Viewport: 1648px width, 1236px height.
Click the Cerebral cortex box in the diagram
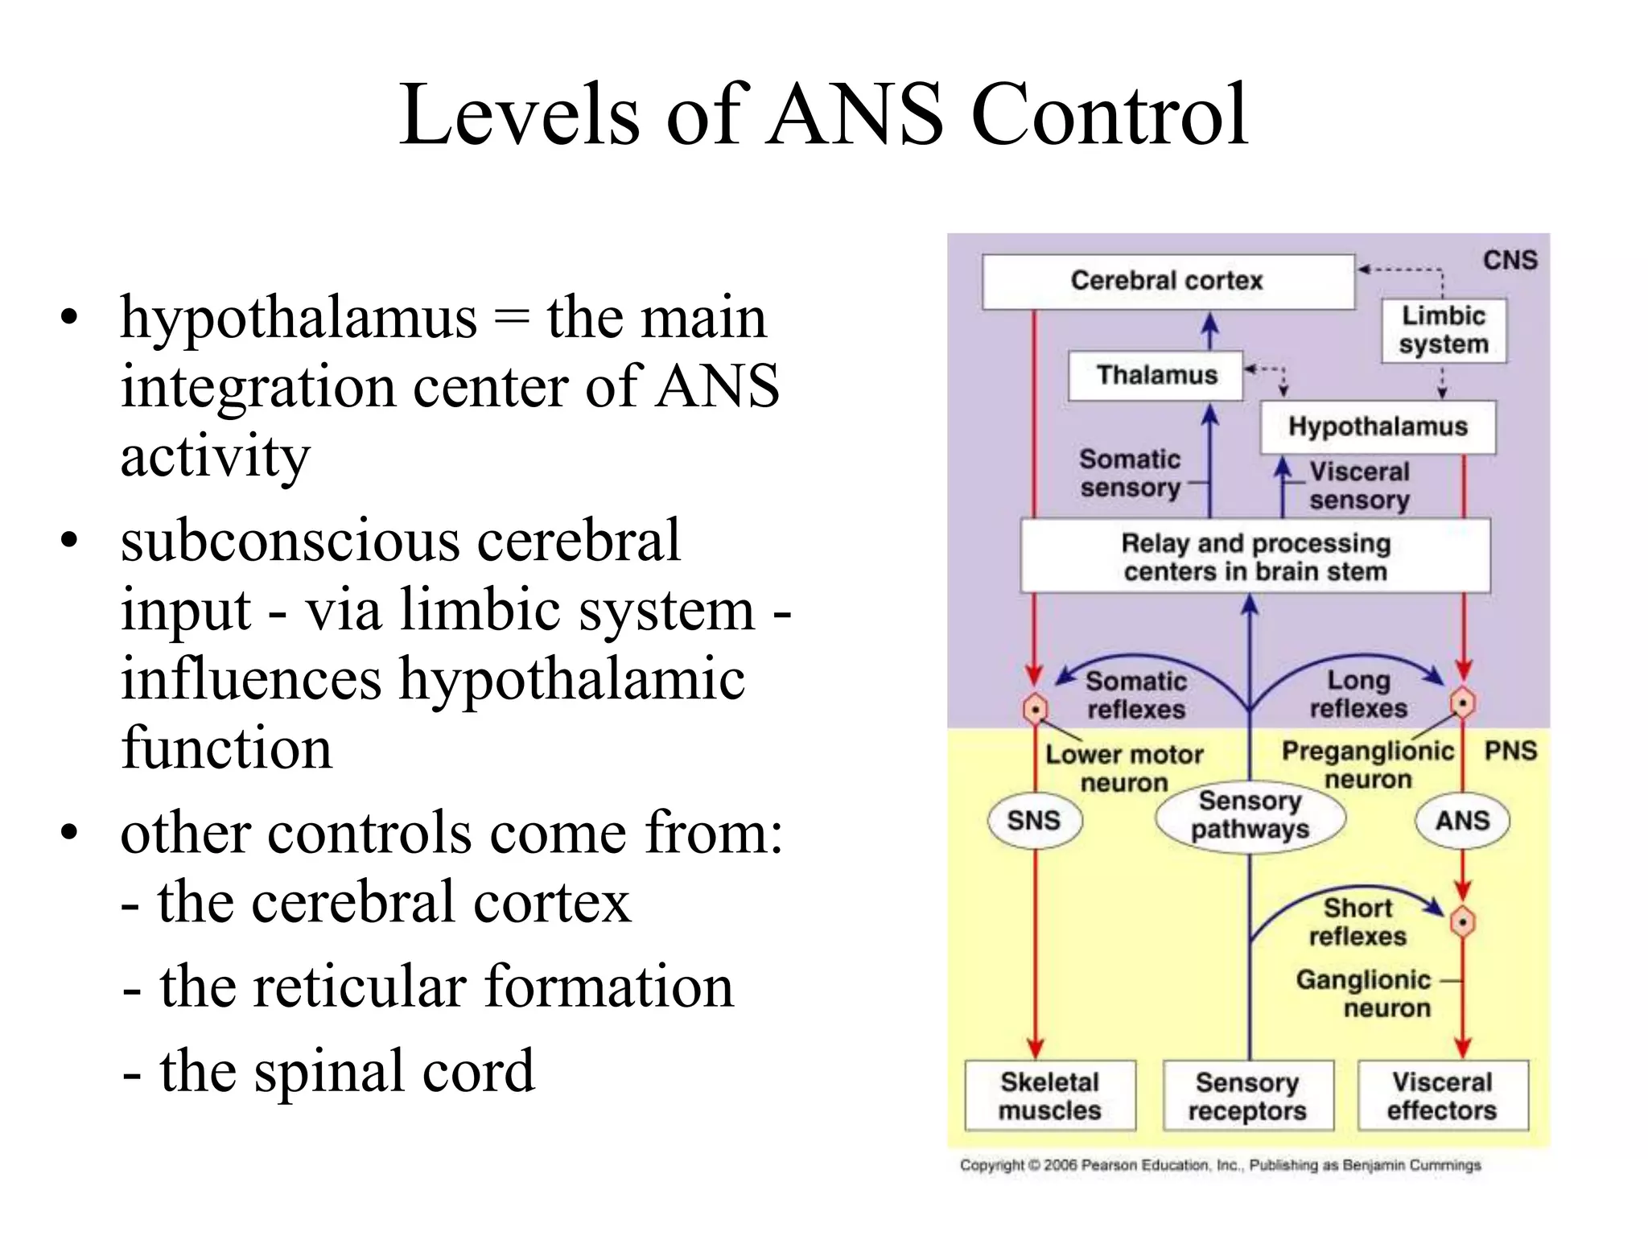[1168, 281]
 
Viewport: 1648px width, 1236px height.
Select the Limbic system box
[1444, 330]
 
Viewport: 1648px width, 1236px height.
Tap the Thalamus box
[1156, 375]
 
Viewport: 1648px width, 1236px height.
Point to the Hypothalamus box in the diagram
[1378, 426]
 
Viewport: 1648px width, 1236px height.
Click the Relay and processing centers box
[1255, 557]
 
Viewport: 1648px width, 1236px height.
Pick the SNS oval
[1034, 821]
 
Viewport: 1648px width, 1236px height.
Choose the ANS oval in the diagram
[1462, 821]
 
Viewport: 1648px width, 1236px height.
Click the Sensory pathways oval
[1250, 815]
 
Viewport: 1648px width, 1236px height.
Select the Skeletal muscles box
[1050, 1096]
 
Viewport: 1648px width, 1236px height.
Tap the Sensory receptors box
[1247, 1096]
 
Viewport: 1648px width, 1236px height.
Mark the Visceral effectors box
[1442, 1096]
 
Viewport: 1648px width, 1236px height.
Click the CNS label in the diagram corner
[1510, 260]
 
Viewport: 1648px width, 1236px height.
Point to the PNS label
[1510, 751]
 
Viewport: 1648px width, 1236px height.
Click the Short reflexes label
[1358, 922]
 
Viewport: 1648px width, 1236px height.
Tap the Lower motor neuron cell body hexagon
[1035, 709]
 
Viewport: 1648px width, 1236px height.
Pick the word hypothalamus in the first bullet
[299, 319]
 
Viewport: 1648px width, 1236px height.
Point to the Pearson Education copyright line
[1220, 1165]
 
